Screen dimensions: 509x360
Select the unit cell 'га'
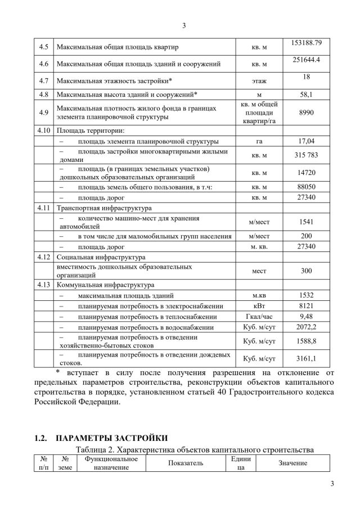(x=259, y=141)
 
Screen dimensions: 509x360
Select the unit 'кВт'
(x=259, y=306)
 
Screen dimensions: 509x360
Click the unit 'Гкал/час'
(x=259, y=317)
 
